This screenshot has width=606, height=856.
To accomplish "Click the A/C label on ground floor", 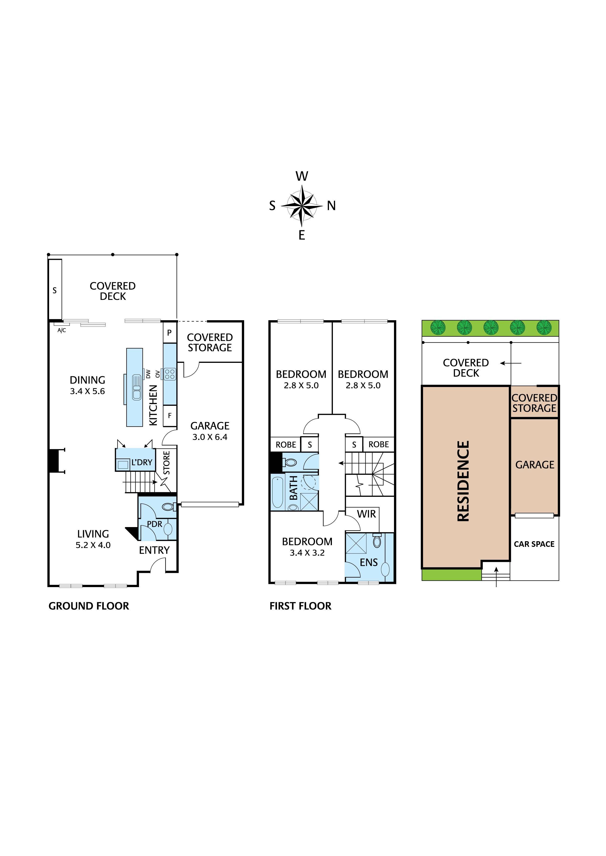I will (62, 330).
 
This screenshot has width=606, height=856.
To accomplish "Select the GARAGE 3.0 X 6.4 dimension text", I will (210, 437).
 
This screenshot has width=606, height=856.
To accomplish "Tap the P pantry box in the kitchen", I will (170, 333).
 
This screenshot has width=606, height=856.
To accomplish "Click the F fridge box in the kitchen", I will (170, 415).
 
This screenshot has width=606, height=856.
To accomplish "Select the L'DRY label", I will (142, 462).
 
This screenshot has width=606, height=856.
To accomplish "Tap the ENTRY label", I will (154, 550).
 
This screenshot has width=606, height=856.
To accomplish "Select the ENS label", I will (369, 562).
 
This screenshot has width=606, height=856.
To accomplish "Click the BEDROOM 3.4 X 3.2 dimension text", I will (307, 553).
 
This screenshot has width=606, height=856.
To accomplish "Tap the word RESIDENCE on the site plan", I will (463, 481).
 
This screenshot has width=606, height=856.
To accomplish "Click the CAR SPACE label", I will (534, 544).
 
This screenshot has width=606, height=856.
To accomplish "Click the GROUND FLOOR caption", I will (89, 606).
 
